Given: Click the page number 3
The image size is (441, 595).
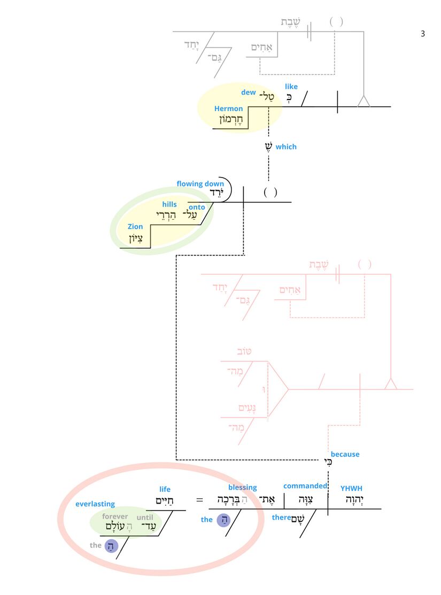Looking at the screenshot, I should (x=423, y=34).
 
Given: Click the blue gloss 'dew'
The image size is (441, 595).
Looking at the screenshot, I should (x=249, y=92).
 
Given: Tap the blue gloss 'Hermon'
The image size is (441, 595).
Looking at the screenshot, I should (x=228, y=109).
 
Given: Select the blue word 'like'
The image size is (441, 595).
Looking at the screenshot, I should (x=291, y=87).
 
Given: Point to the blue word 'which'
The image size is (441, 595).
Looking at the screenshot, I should (x=286, y=146).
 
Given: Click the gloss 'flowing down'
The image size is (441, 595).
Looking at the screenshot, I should (x=200, y=184).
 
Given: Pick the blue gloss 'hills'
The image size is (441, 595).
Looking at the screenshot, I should (x=169, y=205).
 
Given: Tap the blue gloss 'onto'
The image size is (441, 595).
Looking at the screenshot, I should (x=197, y=207).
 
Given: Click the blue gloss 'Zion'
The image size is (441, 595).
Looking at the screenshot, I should (x=135, y=227).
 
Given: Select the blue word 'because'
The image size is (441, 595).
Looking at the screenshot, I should (x=345, y=454).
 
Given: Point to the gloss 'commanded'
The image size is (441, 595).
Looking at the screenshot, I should (x=305, y=486).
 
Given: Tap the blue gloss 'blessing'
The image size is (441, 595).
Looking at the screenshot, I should (x=243, y=488).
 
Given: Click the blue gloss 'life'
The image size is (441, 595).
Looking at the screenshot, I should (x=165, y=489).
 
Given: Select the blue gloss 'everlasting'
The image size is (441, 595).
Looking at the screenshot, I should (x=95, y=504).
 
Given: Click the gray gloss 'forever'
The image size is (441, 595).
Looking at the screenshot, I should (x=115, y=516).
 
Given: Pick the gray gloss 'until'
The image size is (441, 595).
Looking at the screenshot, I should (x=145, y=517).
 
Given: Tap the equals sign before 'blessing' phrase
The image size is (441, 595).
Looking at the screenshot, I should (x=199, y=500).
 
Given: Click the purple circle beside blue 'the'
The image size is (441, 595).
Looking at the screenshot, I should (x=223, y=519).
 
